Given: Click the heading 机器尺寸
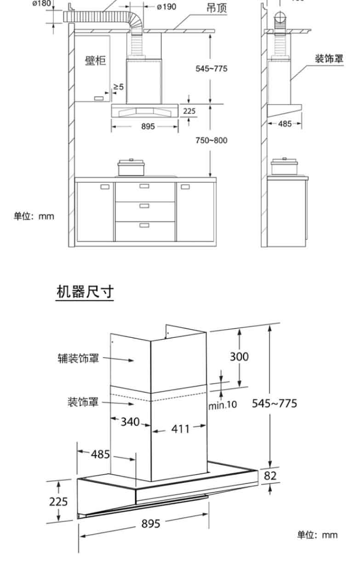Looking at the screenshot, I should click(x=85, y=291).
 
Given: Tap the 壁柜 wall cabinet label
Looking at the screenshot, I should click(x=95, y=61).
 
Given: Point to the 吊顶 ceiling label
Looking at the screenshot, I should click(x=217, y=9).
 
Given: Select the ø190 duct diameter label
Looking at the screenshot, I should click(x=166, y=7).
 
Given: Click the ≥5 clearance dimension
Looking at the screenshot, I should click(x=119, y=86).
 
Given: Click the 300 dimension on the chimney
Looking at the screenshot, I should click(x=239, y=356).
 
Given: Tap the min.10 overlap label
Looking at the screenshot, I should click(x=223, y=405).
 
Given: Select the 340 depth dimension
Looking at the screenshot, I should click(x=130, y=421).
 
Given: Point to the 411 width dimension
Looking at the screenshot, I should click(x=181, y=429).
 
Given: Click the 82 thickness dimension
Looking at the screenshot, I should click(x=270, y=476).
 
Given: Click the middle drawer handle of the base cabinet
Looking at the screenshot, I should click(x=144, y=205).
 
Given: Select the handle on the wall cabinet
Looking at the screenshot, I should click(x=99, y=98).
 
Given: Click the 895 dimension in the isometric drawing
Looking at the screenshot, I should click(x=150, y=523).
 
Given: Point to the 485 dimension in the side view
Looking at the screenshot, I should click(x=285, y=124).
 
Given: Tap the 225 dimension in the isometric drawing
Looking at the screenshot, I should click(x=58, y=501).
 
